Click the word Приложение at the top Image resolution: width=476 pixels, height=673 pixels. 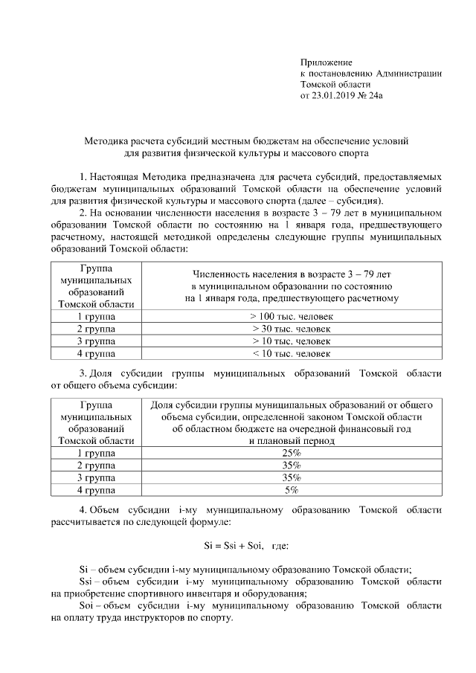click(x=326, y=62)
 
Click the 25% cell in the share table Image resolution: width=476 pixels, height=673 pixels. click(x=292, y=453)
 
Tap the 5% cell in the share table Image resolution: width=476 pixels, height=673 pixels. click(x=292, y=490)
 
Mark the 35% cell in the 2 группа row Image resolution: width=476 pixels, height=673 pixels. click(x=292, y=466)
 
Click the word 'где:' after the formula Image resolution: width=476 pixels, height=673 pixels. click(x=280, y=547)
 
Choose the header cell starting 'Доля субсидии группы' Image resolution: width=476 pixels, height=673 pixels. click(x=292, y=422)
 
